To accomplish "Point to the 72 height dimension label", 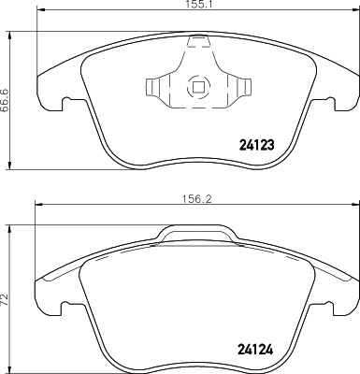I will point(7,302).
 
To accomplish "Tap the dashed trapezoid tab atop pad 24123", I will point(197,41).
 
